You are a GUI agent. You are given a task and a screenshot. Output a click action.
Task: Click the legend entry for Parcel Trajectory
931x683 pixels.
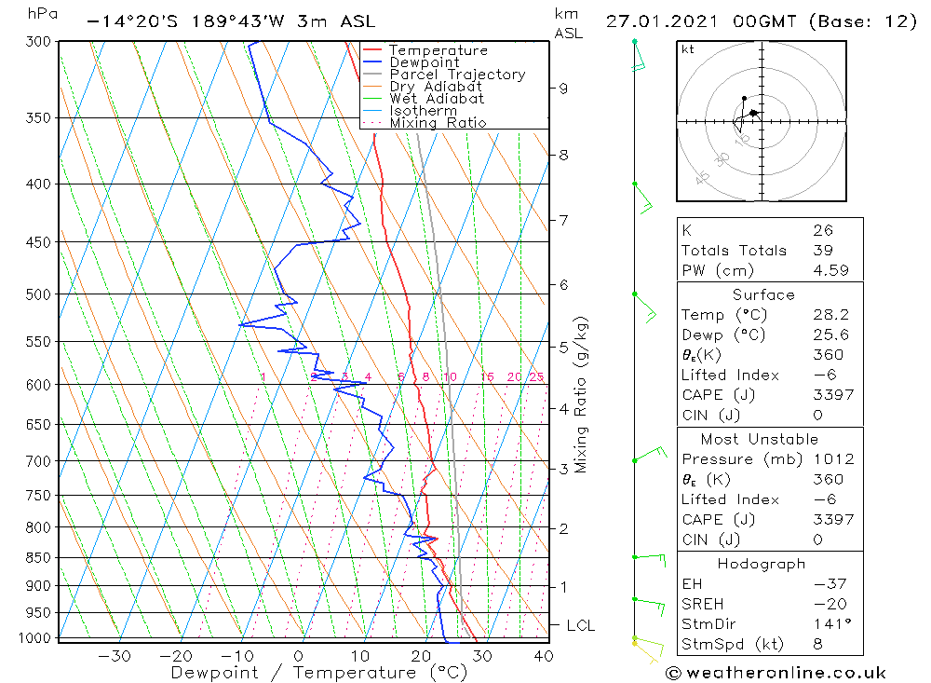click(457, 75)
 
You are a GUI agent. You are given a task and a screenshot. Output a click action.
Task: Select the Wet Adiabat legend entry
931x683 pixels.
click(437, 99)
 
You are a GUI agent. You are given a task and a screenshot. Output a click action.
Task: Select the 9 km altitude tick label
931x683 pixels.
click(563, 89)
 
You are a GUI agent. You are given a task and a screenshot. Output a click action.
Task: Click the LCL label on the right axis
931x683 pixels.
click(580, 626)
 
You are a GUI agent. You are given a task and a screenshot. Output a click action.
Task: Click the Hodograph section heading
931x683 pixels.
click(762, 564)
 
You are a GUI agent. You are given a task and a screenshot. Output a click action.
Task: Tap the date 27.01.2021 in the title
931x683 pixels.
click(663, 21)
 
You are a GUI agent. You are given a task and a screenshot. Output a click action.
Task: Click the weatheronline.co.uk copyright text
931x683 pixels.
click(775, 673)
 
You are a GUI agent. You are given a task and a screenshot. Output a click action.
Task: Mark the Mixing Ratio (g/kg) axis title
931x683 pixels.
click(582, 394)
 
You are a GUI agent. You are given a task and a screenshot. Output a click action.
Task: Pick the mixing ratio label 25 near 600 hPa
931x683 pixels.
click(536, 377)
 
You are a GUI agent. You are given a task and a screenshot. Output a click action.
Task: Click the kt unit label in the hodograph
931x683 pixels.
click(687, 49)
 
